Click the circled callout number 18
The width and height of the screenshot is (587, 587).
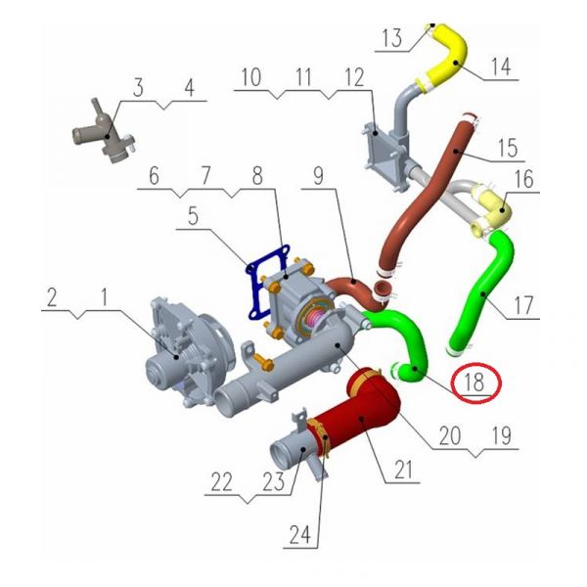click(x=474, y=383)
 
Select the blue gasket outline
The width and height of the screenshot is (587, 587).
click(x=266, y=283)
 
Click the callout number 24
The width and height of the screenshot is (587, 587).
click(x=300, y=534)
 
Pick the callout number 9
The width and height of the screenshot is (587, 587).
click(x=318, y=176)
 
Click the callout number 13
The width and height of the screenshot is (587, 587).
click(x=392, y=38)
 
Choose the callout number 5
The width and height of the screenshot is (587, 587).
click(x=193, y=216)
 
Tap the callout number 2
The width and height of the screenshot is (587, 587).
click(x=52, y=297)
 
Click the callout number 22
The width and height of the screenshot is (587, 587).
click(x=222, y=481)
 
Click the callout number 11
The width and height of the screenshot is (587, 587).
click(x=303, y=77)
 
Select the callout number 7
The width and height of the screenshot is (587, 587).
click(x=205, y=175)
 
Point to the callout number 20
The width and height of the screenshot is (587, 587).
click(x=450, y=435)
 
